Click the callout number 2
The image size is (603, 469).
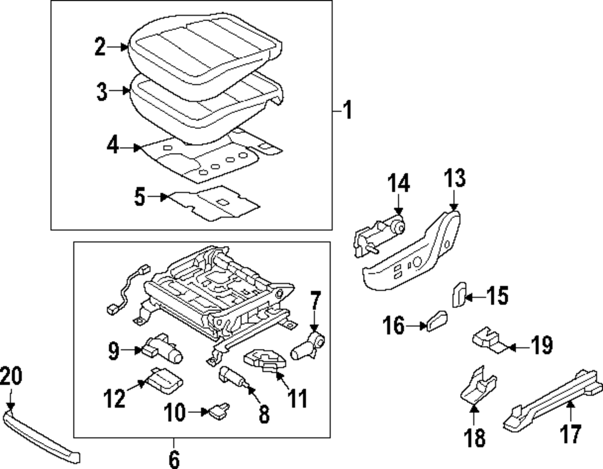coord(100,47)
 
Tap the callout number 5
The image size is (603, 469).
coord(140,197)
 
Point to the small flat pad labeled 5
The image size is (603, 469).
coord(214,202)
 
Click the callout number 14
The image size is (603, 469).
coord(398,182)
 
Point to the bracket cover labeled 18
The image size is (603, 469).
coord(478,386)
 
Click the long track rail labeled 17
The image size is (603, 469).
coord(552,401)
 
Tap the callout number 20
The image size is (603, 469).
coord(11,376)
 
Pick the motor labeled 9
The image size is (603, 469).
coord(163,348)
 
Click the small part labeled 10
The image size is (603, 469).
coord(218,411)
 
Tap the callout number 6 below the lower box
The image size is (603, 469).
coord(174,459)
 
